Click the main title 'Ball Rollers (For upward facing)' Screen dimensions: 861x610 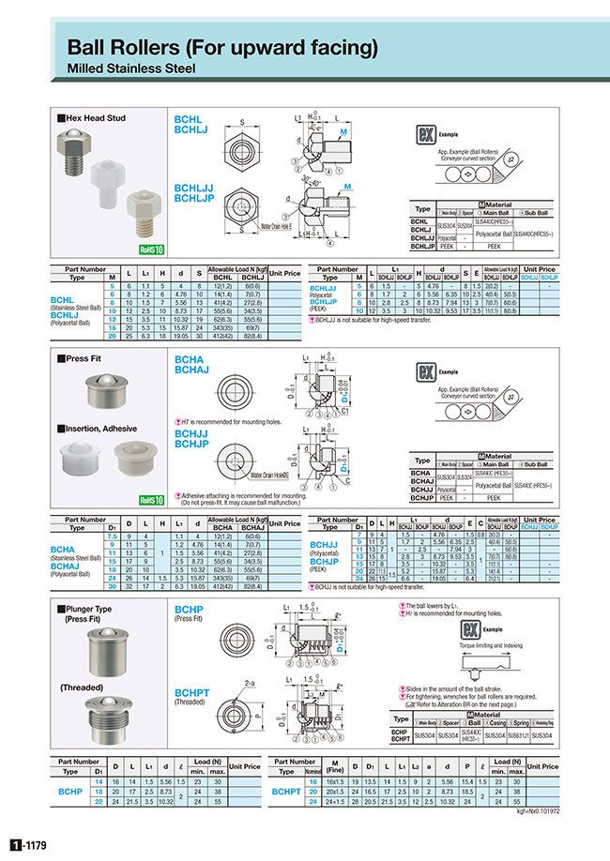[221, 47]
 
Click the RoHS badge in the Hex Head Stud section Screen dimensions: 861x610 [151, 250]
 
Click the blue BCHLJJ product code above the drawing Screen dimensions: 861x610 [194, 188]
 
